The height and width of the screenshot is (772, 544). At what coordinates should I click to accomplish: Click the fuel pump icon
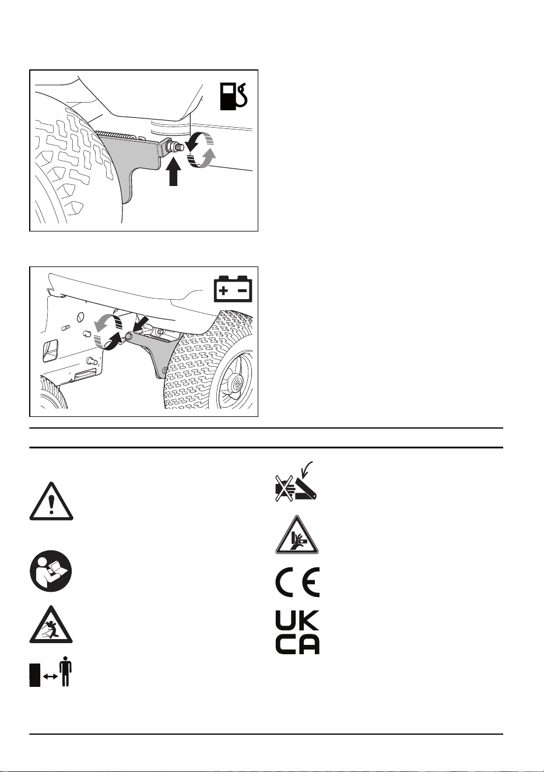(x=234, y=97)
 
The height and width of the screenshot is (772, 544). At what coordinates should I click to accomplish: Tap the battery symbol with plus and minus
(x=233, y=289)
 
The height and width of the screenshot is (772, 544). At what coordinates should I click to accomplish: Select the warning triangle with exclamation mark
(x=51, y=501)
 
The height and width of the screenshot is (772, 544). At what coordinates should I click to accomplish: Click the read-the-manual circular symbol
(x=51, y=571)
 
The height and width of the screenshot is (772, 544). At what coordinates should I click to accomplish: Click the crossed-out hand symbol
(x=285, y=489)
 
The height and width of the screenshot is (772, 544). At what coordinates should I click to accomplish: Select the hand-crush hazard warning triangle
(x=297, y=535)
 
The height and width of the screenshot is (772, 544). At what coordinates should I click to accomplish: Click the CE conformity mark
(x=297, y=582)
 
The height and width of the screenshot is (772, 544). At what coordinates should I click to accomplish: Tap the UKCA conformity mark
(x=297, y=633)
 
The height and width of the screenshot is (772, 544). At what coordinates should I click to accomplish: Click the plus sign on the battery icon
(x=223, y=291)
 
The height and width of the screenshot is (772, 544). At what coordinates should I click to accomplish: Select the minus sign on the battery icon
(x=243, y=290)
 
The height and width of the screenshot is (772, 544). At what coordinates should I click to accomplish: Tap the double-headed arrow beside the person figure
(x=51, y=676)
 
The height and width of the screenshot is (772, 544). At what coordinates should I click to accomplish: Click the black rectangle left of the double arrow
(x=34, y=675)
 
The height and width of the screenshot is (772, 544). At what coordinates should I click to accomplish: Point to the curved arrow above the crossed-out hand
(x=306, y=469)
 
